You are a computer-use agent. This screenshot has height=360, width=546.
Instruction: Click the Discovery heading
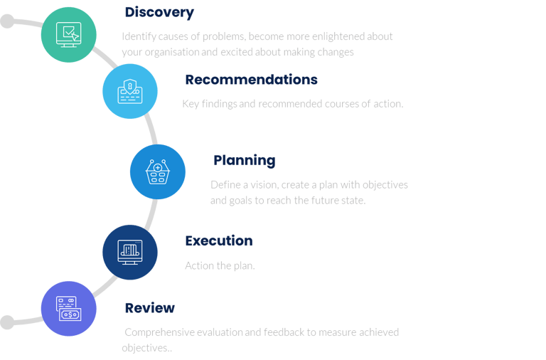[x=159, y=12]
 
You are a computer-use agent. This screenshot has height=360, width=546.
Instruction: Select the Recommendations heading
[x=251, y=80]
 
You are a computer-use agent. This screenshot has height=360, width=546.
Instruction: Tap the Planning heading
[x=244, y=160]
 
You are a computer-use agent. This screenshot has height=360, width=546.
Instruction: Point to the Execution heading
[x=218, y=240]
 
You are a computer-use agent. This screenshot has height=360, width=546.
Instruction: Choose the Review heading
[x=149, y=307]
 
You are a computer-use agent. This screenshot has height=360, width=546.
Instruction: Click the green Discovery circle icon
[x=69, y=33]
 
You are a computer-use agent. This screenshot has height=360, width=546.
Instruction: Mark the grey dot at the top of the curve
[x=7, y=21]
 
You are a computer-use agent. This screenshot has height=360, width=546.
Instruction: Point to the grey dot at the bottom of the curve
[x=7, y=322]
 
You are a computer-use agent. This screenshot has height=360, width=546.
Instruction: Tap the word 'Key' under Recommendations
[x=191, y=104]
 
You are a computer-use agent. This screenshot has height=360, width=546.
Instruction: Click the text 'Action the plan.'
[x=219, y=266]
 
